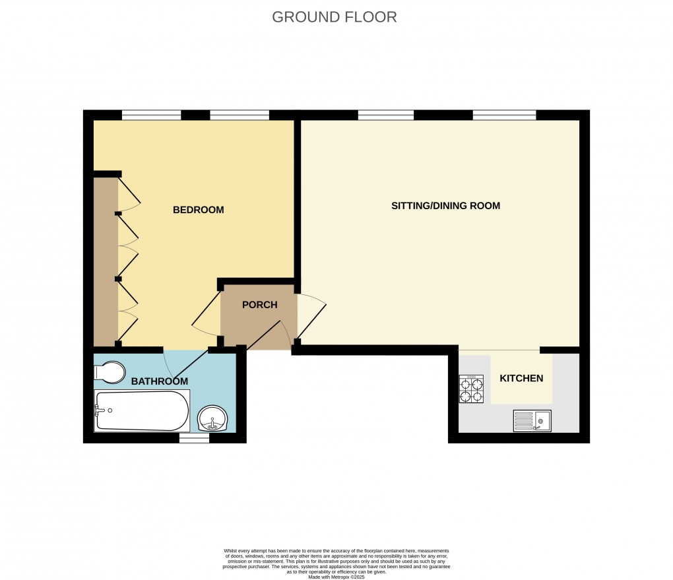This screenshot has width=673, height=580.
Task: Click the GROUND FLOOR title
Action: click(x=335, y=17)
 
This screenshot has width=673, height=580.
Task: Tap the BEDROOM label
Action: click(x=198, y=210)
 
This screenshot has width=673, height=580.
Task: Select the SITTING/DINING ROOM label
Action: click(x=445, y=206)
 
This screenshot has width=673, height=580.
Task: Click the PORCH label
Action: click(x=259, y=305)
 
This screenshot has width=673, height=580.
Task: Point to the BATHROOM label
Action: click(x=159, y=381)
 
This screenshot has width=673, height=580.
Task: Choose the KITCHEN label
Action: click(x=521, y=378)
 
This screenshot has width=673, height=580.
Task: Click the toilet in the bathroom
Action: click(x=110, y=371)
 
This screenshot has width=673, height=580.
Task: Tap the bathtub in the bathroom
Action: click(x=142, y=410)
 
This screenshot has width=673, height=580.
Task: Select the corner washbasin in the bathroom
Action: click(x=213, y=418)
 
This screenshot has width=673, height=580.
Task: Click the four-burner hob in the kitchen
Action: click(x=472, y=389)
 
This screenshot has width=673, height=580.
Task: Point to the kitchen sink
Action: click(x=532, y=420)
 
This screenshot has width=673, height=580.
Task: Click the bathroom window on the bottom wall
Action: click(x=194, y=437)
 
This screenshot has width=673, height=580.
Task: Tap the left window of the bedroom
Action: click(x=151, y=115)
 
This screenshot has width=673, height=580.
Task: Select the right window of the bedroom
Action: click(x=240, y=115)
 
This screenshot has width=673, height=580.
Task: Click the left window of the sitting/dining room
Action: click(x=386, y=115)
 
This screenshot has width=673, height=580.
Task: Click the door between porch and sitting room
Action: click(x=311, y=317)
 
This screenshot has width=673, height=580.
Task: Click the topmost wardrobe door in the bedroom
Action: click(x=129, y=194)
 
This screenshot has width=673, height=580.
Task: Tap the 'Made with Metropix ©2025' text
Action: click(x=336, y=577)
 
